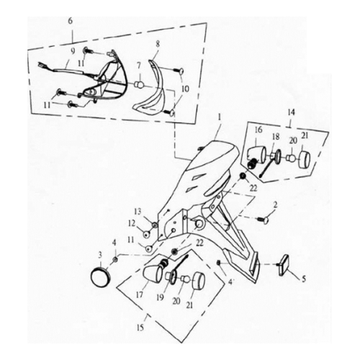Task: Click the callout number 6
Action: [70, 21]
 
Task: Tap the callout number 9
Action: [73, 51]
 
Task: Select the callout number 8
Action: [158, 44]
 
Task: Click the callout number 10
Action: [185, 89]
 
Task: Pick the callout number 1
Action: [219, 117]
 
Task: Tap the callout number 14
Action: [292, 112]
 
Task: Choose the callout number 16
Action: [258, 130]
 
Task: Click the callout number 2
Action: [275, 204]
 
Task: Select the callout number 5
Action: [304, 279]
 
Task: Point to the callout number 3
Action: [100, 254]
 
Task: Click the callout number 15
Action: [140, 328]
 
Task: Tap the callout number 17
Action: [140, 295]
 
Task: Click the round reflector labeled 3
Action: [100, 277]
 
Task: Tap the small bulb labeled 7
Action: [140, 84]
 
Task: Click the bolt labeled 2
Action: [264, 220]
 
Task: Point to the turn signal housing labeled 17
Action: [153, 274]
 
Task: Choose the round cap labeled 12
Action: [146, 234]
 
